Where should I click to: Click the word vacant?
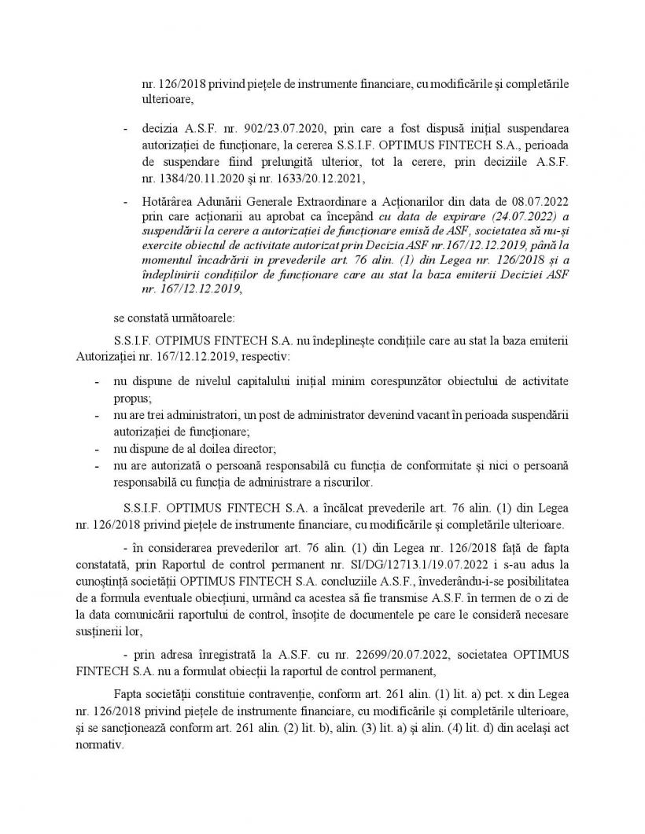coord(410,414)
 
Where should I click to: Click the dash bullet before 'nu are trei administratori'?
coord(96,414)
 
